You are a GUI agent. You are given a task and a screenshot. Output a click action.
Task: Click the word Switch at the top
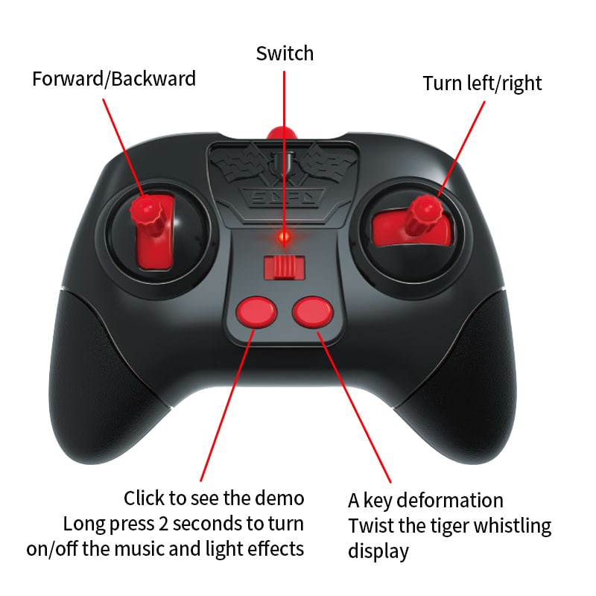pos(285,54)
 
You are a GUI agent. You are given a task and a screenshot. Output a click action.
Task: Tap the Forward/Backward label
pos(114,79)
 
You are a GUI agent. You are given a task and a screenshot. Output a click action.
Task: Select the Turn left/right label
pos(482,83)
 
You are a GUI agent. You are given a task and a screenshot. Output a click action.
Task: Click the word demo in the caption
pos(279,498)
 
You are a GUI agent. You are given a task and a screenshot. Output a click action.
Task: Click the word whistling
pos(514,526)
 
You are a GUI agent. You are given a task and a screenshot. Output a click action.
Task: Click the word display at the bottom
pos(378,552)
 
